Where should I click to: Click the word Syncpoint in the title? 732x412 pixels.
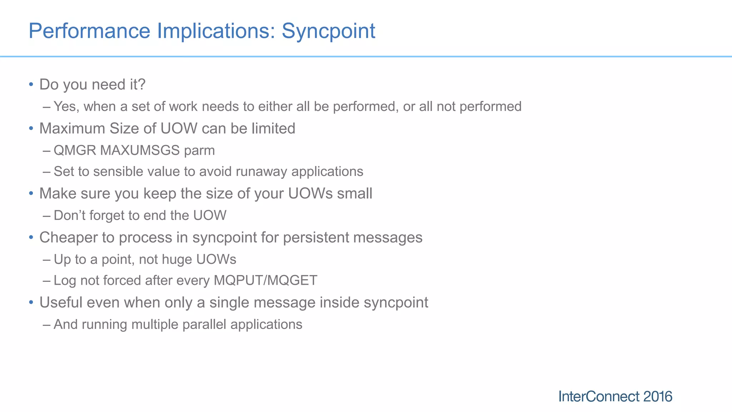(x=328, y=31)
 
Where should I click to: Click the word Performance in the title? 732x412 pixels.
(x=89, y=31)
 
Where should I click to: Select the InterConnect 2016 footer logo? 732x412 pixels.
(x=615, y=397)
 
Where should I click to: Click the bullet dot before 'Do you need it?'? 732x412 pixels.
(x=31, y=85)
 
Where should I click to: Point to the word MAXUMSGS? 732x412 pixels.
(x=140, y=151)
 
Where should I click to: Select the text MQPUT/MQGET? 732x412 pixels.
(x=265, y=280)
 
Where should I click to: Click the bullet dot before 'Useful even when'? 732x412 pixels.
(x=31, y=303)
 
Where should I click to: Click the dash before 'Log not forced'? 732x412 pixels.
(x=46, y=281)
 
